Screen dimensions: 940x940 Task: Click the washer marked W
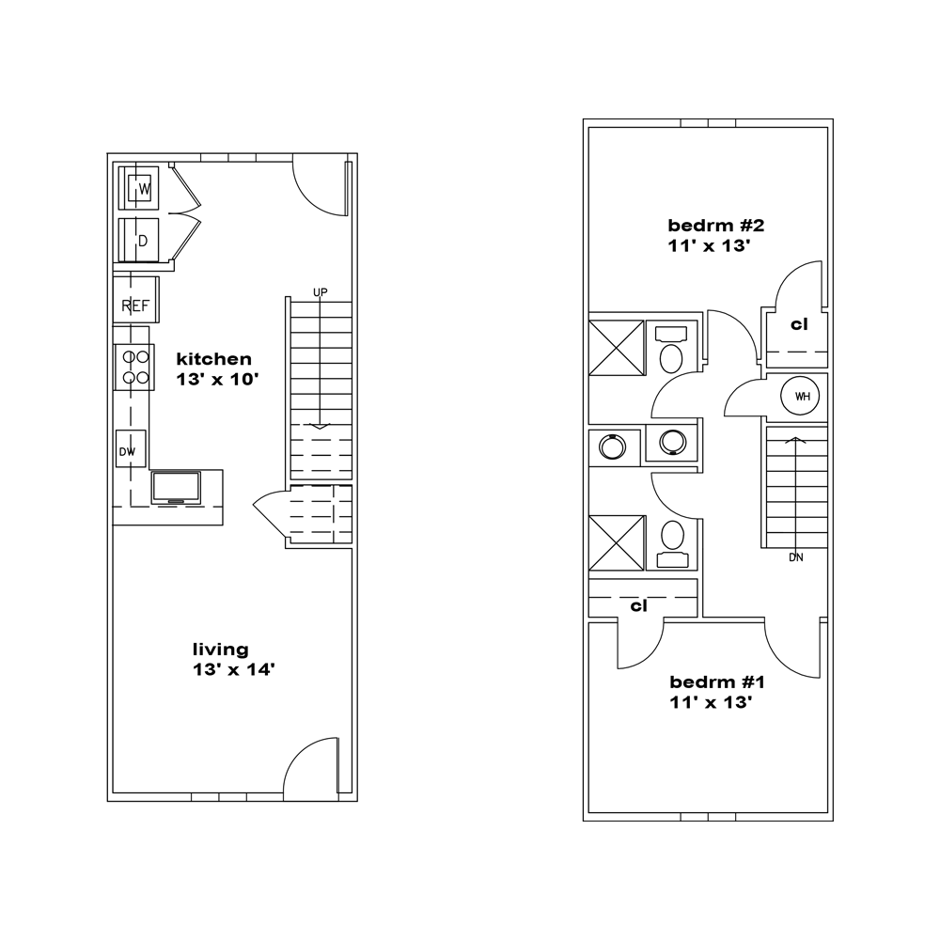coord(138,188)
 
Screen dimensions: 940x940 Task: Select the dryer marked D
coord(138,240)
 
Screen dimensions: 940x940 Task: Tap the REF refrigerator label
coord(134,305)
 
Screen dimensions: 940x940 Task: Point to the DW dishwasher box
coord(130,448)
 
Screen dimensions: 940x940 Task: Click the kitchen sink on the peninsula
coord(176,488)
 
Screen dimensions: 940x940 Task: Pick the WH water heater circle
coord(800,396)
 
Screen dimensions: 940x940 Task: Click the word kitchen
coord(213,359)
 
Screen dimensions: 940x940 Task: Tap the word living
coord(220,650)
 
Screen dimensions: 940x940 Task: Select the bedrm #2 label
coord(715,226)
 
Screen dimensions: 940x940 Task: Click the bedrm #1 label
coord(717,682)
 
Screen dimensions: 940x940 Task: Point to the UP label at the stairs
coord(321,292)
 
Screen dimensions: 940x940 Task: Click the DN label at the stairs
coord(795,557)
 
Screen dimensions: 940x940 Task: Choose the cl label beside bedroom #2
coord(799,324)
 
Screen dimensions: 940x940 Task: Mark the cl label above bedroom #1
coord(638,606)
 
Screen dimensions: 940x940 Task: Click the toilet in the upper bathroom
coord(671,350)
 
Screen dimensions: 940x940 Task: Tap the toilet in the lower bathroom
coord(672,543)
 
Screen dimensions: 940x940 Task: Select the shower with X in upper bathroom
coord(617,348)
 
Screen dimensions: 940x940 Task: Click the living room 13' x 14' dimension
coord(233,669)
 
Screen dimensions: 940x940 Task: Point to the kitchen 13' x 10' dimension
coord(217,380)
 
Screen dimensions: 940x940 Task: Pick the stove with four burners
coord(135,368)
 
